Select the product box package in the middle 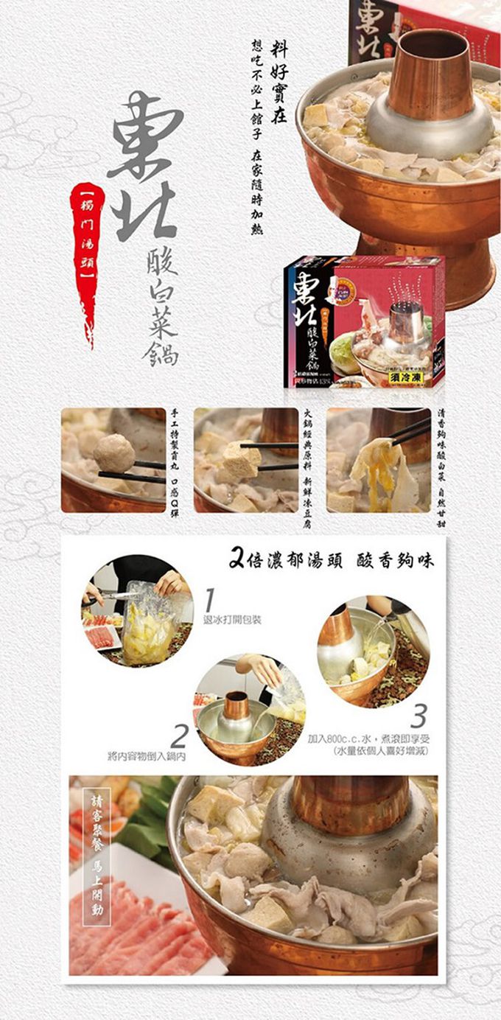[x=365, y=322]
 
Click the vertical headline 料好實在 [x=279, y=81]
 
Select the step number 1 [x=210, y=600]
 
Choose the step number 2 [x=179, y=736]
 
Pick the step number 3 [x=418, y=716]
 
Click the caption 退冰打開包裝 [x=232, y=621]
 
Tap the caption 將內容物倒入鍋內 [x=147, y=756]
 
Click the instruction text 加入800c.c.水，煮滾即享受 [x=368, y=738]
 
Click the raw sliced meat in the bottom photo [x=133, y=936]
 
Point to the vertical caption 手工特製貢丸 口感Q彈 [x=175, y=461]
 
